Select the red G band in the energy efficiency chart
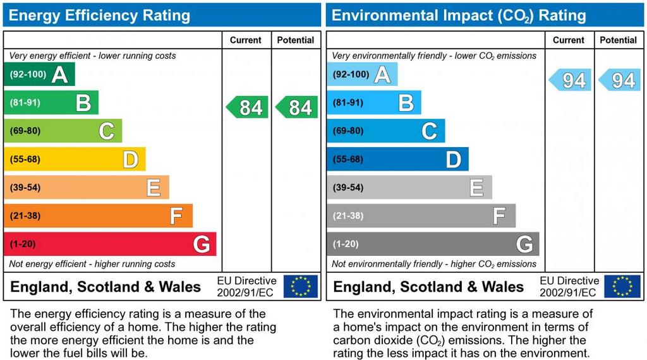pyautogui.click(x=110, y=244)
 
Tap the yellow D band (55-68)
pyautogui.click(x=75, y=159)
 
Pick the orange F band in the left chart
pyautogui.click(x=98, y=216)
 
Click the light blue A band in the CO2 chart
pyautogui.click(x=362, y=75)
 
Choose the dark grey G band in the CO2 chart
pyautogui.click(x=433, y=244)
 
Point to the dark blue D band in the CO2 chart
pyautogui.click(x=397, y=159)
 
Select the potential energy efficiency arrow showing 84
pyautogui.click(x=297, y=107)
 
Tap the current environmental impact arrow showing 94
pyautogui.click(x=571, y=80)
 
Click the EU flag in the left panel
pyautogui.click(x=301, y=286)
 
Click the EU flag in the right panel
pyautogui.click(x=622, y=286)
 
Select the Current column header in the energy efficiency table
pyautogui.click(x=246, y=40)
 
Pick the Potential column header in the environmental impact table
pyautogui.click(x=618, y=40)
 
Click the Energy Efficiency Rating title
pyautogui.click(x=99, y=15)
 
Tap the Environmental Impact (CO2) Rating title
pyautogui.click(x=459, y=15)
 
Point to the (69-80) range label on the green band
pyautogui.click(x=25, y=131)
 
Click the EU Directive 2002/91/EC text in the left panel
pyautogui.click(x=246, y=286)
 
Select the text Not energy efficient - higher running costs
pyautogui.click(x=92, y=264)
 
